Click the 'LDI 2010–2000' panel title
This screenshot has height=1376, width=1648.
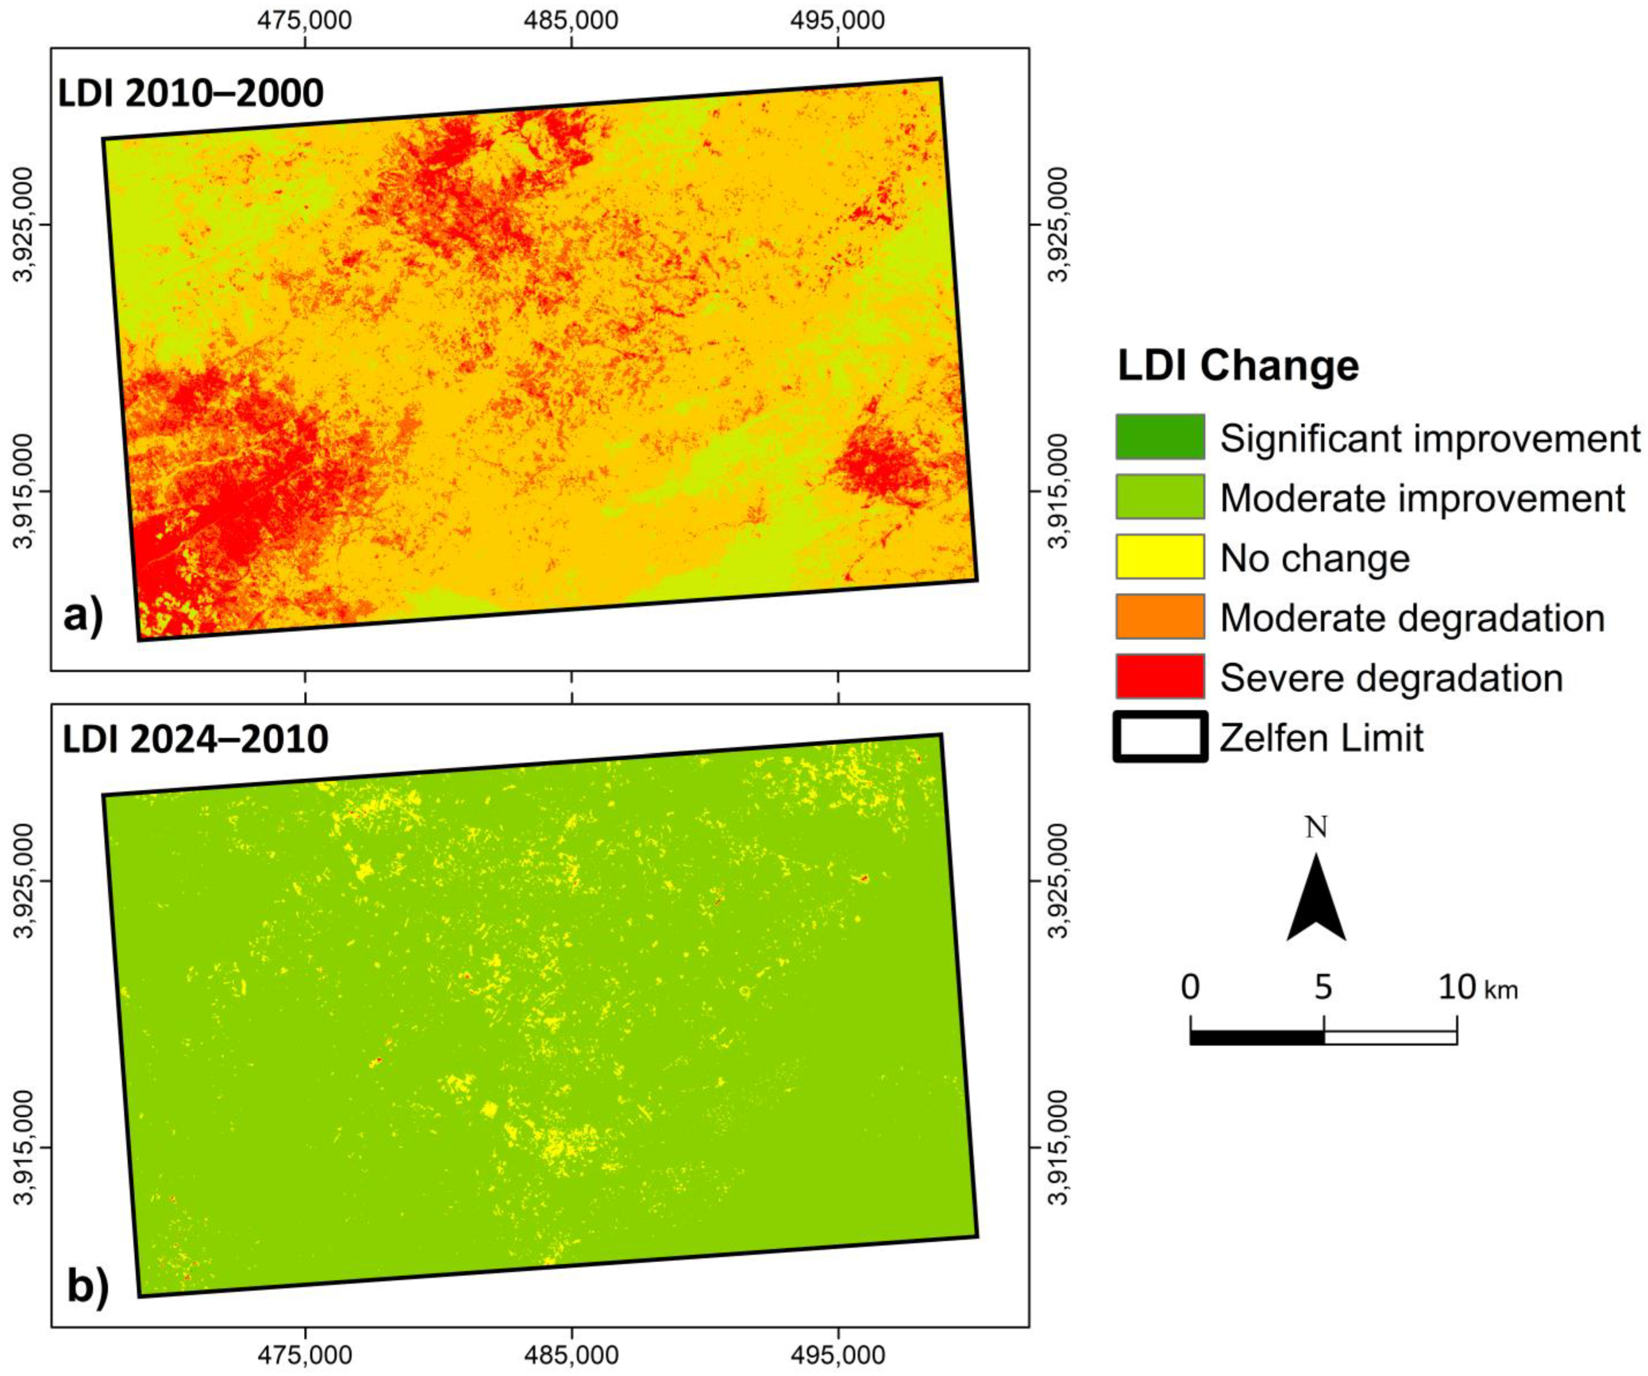click(x=191, y=93)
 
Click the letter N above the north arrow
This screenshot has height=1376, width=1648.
click(x=1316, y=827)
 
